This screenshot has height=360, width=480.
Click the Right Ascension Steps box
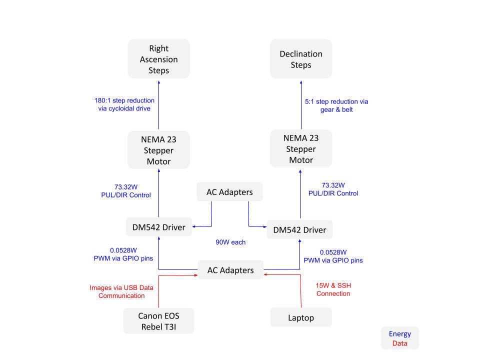pyautogui.click(x=158, y=59)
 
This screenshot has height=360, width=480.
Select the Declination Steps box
pyautogui.click(x=301, y=59)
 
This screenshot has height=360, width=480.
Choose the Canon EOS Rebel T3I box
pyautogui.click(x=158, y=320)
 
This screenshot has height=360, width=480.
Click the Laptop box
pyautogui.click(x=301, y=317)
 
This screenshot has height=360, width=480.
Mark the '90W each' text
pyautogui.click(x=230, y=242)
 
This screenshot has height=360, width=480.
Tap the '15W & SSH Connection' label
pyautogui.click(x=333, y=289)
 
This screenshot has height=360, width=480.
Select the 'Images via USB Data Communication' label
pyautogui.click(x=121, y=291)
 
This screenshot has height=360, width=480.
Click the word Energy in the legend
pyautogui.click(x=399, y=334)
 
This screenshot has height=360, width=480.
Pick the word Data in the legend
pyautogui.click(x=399, y=343)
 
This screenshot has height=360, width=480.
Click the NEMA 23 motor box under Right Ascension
pyautogui.click(x=158, y=149)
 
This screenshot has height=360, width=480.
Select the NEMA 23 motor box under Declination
pyautogui.click(x=301, y=148)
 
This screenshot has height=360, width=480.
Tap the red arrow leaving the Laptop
pyautogui.click(x=301, y=292)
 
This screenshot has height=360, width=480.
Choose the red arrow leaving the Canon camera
pyautogui.click(x=158, y=292)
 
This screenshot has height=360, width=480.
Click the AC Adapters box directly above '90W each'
pyautogui.click(x=230, y=192)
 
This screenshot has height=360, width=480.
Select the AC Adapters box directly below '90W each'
pyautogui.click(x=230, y=270)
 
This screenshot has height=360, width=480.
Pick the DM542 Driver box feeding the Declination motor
pyautogui.click(x=299, y=229)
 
